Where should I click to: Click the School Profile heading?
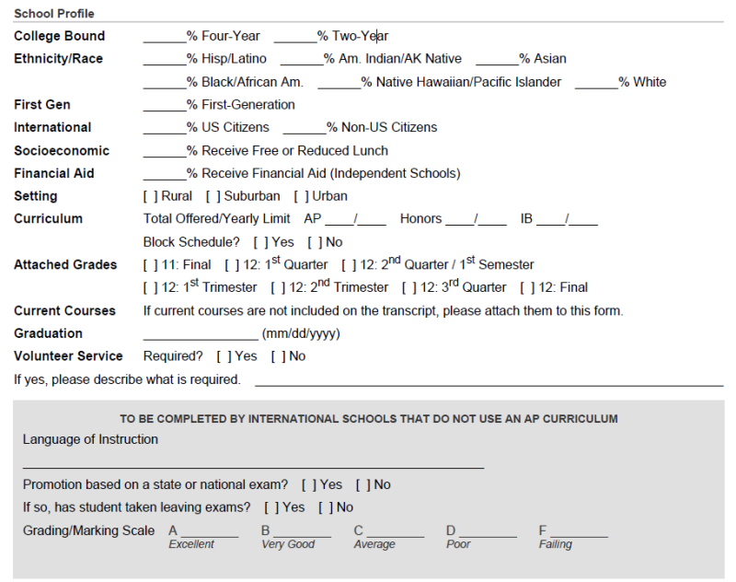(x=54, y=14)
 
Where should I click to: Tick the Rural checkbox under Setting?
(x=148, y=196)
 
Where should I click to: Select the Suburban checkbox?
(x=213, y=196)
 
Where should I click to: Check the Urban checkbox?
(x=300, y=196)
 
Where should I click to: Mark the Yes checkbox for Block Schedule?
(x=259, y=242)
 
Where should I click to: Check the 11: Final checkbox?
(x=149, y=265)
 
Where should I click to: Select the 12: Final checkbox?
(x=525, y=288)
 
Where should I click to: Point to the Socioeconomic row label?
(x=62, y=151)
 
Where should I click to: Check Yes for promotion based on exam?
(x=307, y=485)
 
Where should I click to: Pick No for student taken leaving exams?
(x=324, y=507)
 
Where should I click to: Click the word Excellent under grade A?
(x=191, y=545)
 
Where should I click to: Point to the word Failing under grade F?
(x=555, y=545)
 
